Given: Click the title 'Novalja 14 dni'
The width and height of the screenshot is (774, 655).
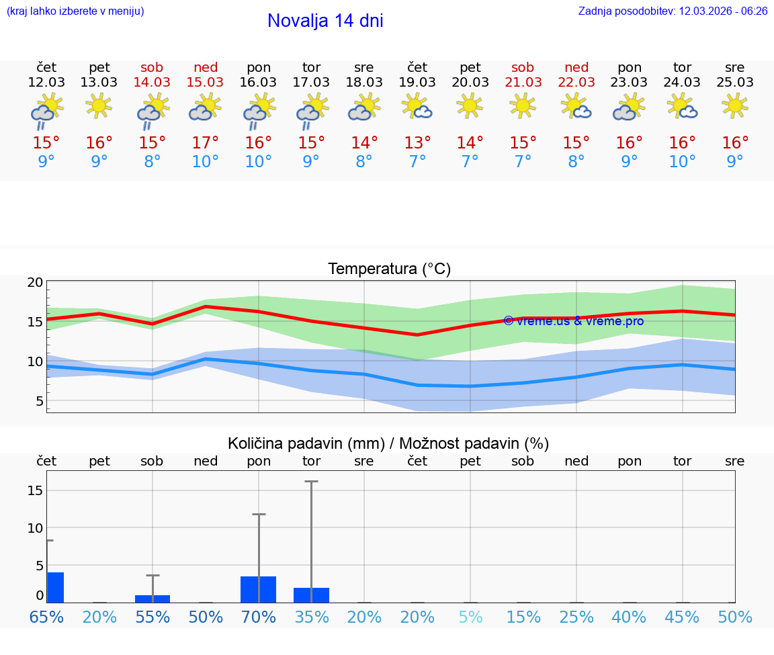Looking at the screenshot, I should click(325, 21).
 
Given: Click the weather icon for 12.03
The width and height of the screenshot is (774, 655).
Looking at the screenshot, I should click(46, 112).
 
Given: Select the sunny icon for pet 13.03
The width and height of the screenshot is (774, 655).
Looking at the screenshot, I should click(99, 105).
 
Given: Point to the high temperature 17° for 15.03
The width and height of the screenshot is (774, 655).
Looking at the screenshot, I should click(206, 143).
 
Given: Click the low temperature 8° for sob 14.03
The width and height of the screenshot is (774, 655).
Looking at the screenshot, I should click(153, 162).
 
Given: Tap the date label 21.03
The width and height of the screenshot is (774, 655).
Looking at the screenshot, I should click(523, 83).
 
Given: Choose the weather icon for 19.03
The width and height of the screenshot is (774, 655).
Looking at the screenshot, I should click(417, 106).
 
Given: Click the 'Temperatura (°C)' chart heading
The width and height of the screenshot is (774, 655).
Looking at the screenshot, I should click(389, 269).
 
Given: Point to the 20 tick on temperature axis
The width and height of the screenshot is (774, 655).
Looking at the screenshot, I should click(36, 283).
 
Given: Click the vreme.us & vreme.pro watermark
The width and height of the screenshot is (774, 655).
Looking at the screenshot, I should click(573, 321).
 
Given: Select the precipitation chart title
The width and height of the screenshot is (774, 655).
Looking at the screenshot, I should click(388, 443).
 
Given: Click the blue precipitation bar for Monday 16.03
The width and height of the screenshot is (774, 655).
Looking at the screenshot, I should click(259, 589).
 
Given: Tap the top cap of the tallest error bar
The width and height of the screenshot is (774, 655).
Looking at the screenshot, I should click(311, 482).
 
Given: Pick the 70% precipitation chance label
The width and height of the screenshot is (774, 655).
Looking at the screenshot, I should click(259, 617).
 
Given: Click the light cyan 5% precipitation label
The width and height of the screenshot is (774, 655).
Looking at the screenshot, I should click(470, 617).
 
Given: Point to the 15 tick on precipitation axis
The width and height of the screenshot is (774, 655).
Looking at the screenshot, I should click(36, 490).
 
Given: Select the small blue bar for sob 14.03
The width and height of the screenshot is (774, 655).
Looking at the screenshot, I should click(153, 599).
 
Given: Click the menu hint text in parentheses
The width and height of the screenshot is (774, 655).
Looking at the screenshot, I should click(75, 11).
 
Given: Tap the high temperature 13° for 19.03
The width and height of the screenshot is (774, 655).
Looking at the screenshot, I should click(417, 143).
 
